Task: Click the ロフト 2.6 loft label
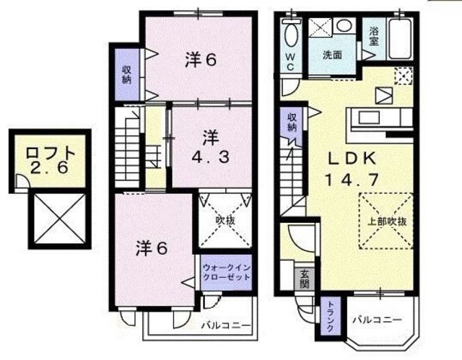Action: [x=50, y=160]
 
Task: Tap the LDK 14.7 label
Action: [x=352, y=170]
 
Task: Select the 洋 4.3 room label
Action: [x=210, y=147]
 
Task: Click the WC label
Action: [x=290, y=62]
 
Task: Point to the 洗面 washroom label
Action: [x=332, y=55]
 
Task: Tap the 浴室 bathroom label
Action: [x=373, y=36]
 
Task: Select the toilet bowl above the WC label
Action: [x=292, y=34]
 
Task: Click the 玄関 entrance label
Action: [x=304, y=279]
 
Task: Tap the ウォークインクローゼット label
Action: [x=227, y=272]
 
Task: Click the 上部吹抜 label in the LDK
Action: [x=387, y=221]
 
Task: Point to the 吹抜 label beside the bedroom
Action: [x=225, y=221]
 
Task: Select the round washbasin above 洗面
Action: [x=344, y=25]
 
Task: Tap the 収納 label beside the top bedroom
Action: [x=127, y=74]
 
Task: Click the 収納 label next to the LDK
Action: [x=292, y=122]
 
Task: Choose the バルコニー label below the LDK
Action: [x=377, y=320]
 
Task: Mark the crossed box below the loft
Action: [x=60, y=219]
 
